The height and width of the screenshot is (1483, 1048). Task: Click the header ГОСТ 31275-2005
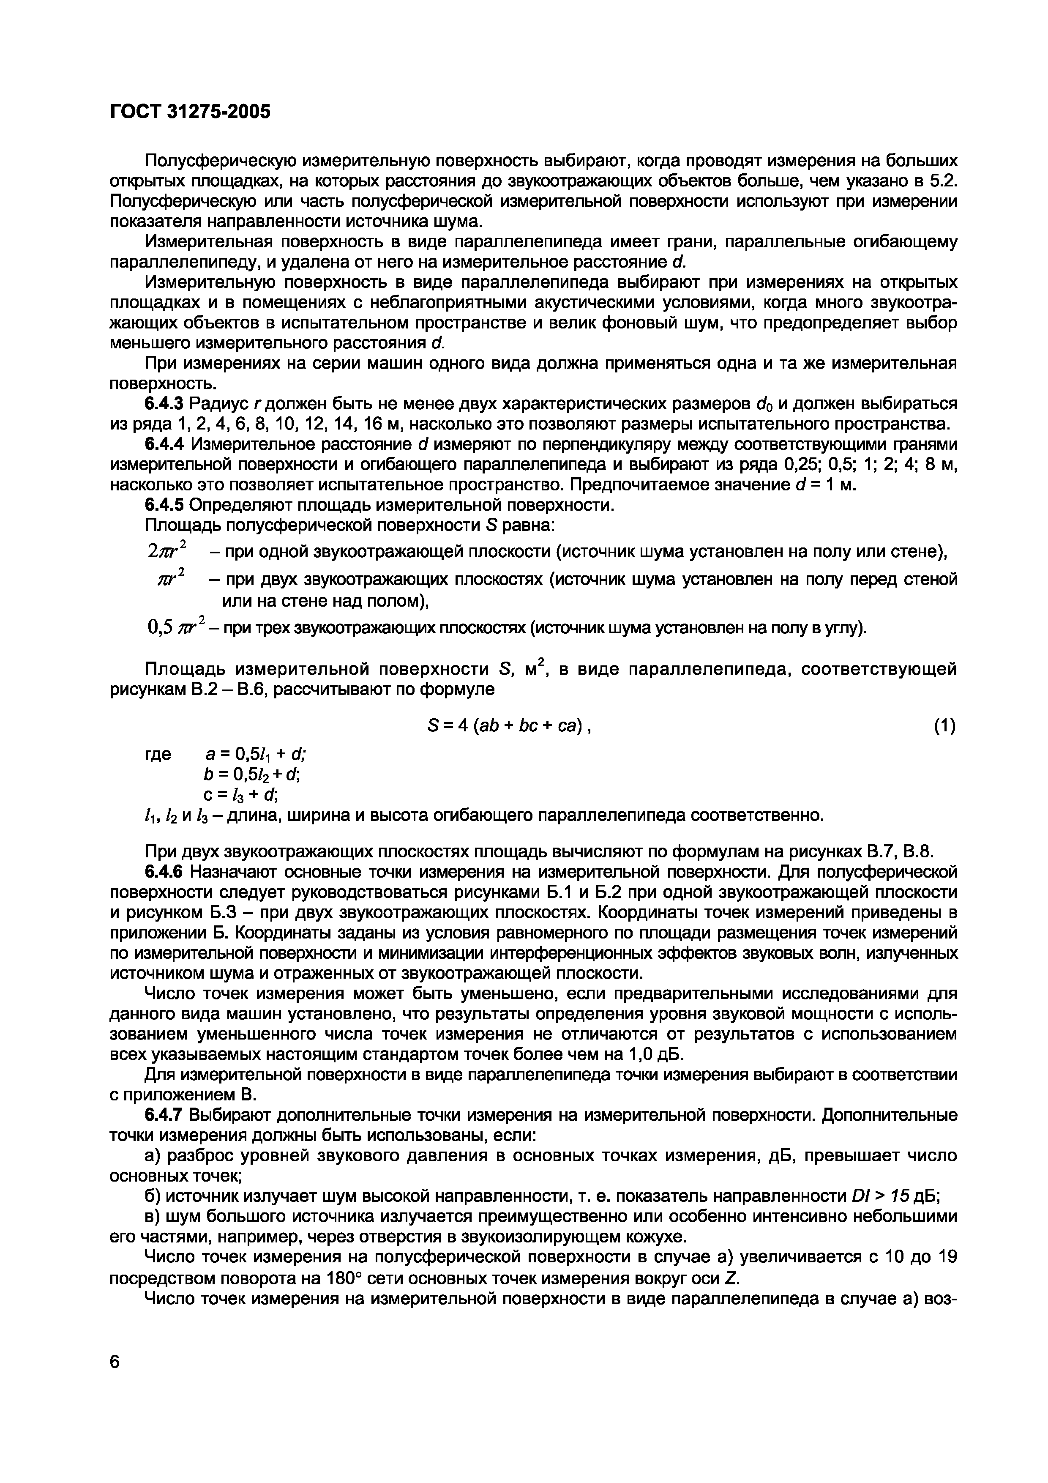[x=190, y=112]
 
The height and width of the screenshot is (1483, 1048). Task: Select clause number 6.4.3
[x=164, y=404]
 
